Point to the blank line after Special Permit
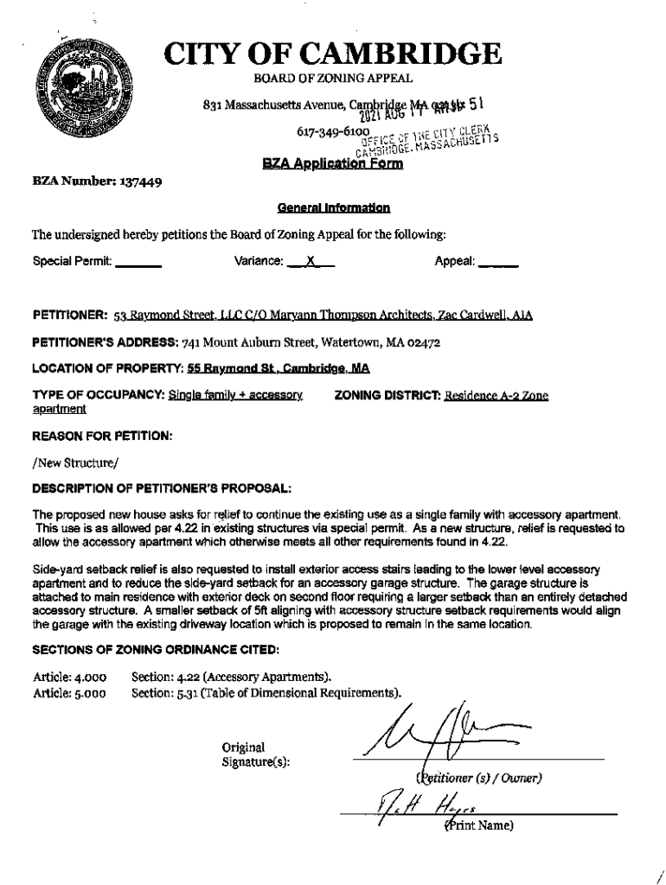click(x=138, y=261)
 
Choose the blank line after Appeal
click(x=497, y=261)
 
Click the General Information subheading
click(x=333, y=208)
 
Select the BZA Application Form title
click(x=333, y=165)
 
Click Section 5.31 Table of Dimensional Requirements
click(x=266, y=692)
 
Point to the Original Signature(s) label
click(x=255, y=754)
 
